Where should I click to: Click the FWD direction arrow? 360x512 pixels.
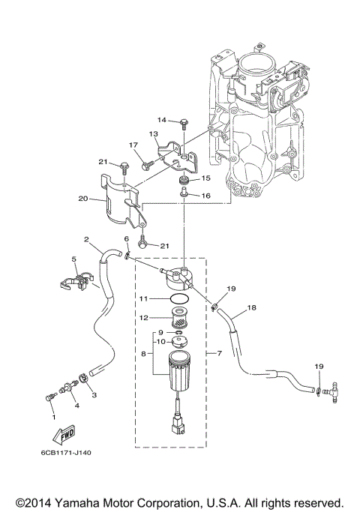(64, 435)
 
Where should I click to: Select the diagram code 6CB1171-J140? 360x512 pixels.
(66, 453)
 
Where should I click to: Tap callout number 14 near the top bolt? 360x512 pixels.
(162, 120)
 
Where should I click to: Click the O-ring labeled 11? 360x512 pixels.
(180, 298)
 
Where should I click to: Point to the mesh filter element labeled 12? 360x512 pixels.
(179, 318)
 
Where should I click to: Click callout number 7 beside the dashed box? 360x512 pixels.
(220, 353)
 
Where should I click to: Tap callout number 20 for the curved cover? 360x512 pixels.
(83, 199)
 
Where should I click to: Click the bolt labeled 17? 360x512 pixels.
(147, 165)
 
